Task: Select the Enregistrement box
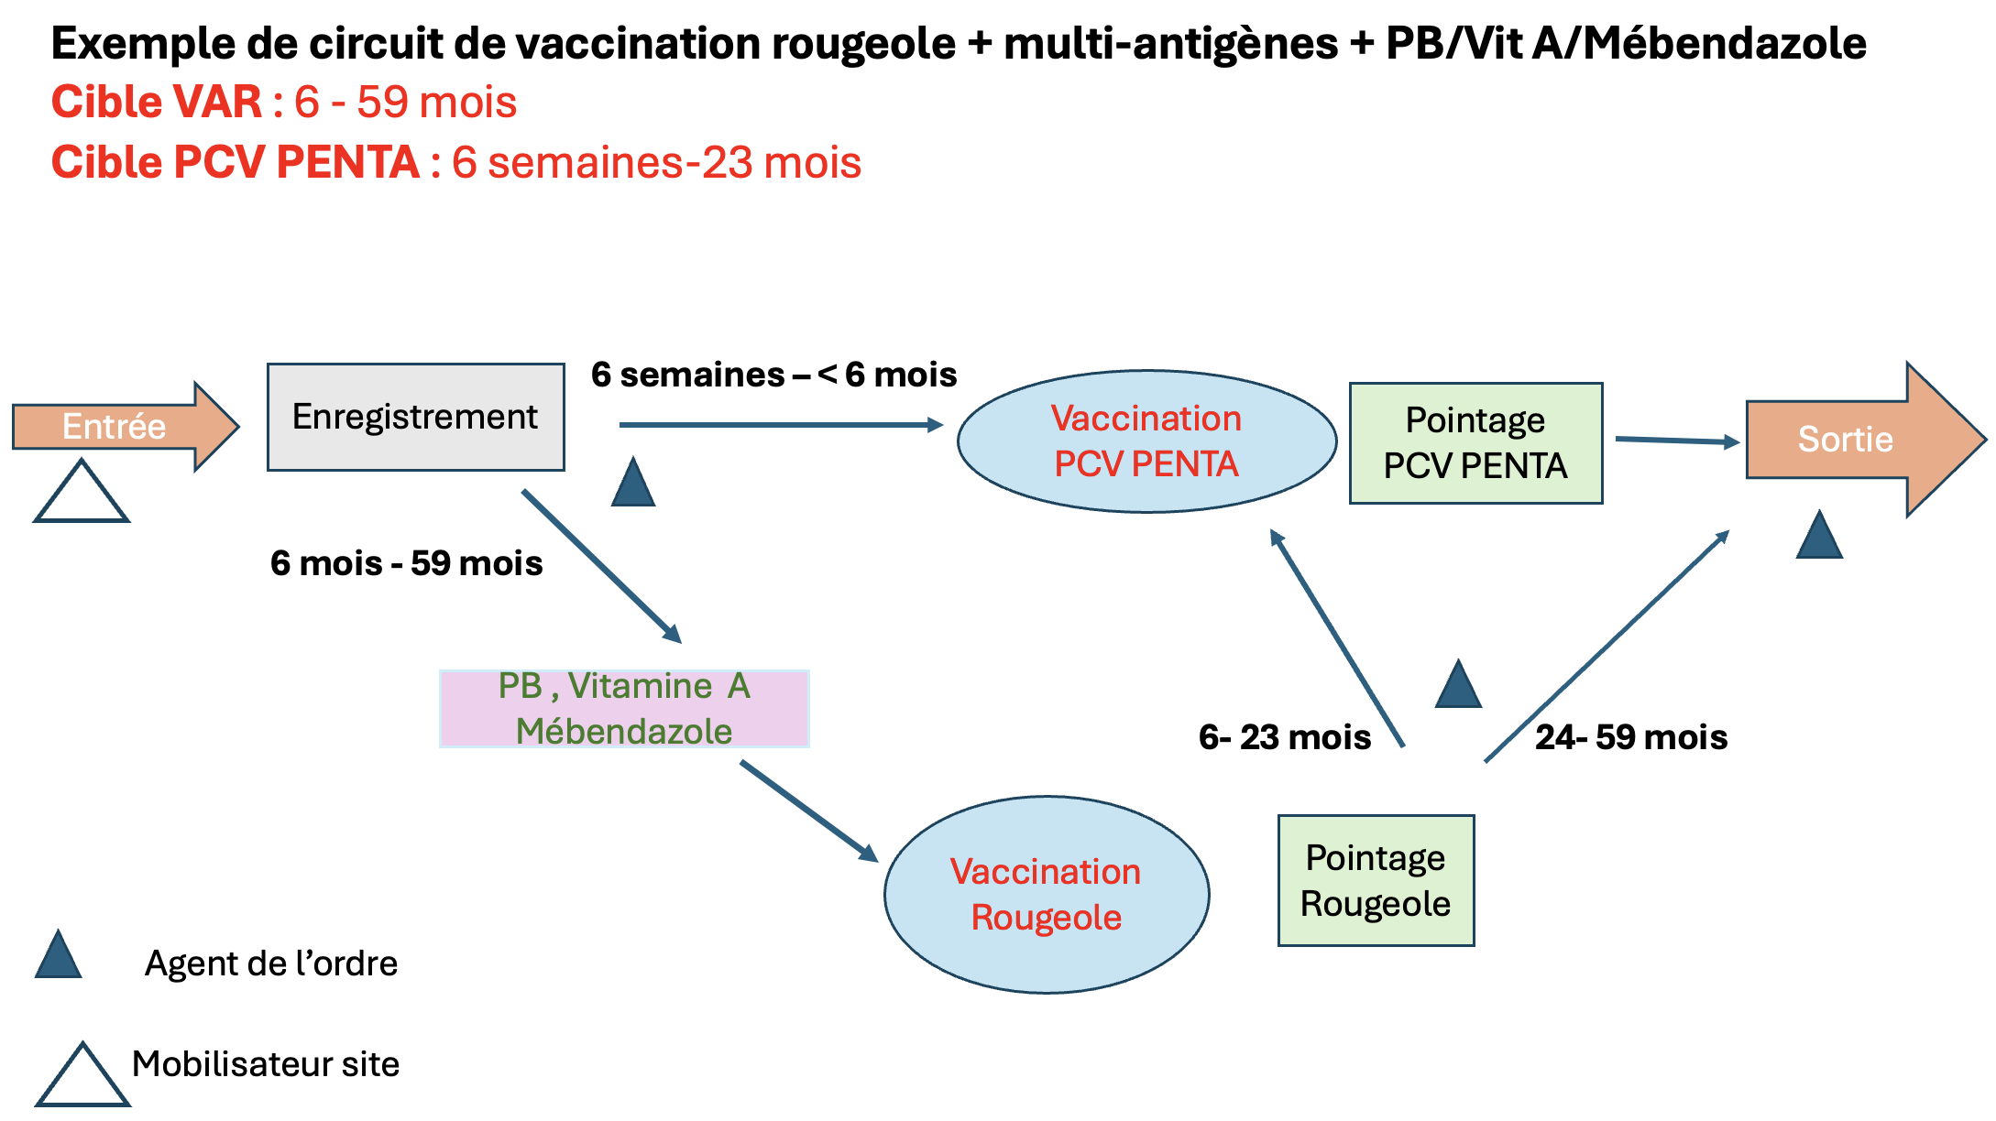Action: (415, 418)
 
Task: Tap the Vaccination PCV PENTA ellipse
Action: (1146, 441)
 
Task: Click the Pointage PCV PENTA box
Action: (1475, 443)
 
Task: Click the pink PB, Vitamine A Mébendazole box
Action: (624, 709)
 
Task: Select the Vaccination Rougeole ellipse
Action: (1046, 894)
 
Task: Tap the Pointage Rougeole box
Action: (1376, 880)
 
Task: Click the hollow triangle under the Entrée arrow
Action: (81, 495)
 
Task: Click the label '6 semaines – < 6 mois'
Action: (773, 375)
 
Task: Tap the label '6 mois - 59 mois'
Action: (406, 563)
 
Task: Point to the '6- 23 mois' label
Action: (1284, 737)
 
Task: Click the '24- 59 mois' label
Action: (1631, 737)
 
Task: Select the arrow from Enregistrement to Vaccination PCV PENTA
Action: (779, 425)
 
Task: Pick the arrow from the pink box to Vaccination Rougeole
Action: (807, 811)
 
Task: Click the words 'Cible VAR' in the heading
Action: (157, 102)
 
